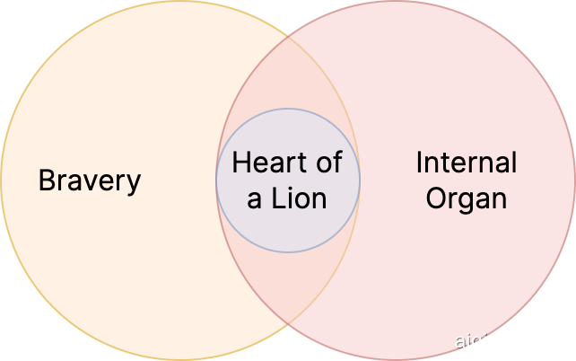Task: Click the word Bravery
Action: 90,180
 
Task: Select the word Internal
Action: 467,163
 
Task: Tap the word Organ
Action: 467,198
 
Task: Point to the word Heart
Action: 265,163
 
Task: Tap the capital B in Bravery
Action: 47,180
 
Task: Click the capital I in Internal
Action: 420,163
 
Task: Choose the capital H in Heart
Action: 240,163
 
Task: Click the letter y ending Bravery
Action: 134,183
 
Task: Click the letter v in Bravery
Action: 90,182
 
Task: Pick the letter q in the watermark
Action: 480,343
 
